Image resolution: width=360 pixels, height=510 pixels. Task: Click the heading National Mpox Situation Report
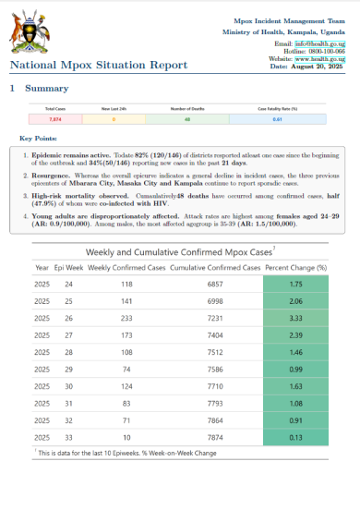(99, 65)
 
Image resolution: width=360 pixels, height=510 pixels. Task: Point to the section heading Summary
(46, 88)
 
